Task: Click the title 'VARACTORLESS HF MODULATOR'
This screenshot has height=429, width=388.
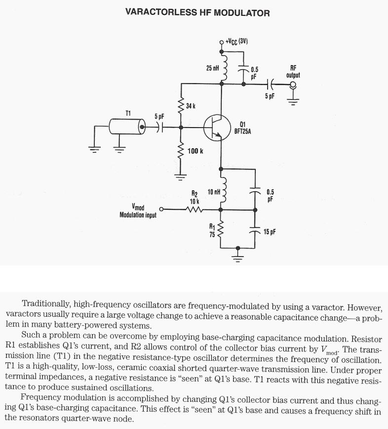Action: click(x=197, y=13)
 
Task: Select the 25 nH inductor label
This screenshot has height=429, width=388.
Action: click(x=212, y=68)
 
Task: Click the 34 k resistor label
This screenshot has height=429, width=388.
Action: click(x=191, y=106)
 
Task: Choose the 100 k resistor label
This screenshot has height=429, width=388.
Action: click(x=195, y=150)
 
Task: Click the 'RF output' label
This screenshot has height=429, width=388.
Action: click(x=293, y=72)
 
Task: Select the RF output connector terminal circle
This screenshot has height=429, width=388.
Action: click(x=293, y=85)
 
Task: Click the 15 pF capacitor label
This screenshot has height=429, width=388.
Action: click(x=270, y=232)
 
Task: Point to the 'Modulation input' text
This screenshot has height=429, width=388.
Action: click(x=138, y=215)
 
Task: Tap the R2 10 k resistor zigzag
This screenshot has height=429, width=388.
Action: click(x=194, y=210)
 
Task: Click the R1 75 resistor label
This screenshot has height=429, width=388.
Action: click(x=212, y=231)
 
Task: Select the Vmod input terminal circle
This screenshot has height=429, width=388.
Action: click(x=161, y=209)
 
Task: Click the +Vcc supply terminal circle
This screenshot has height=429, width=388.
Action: click(x=222, y=42)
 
